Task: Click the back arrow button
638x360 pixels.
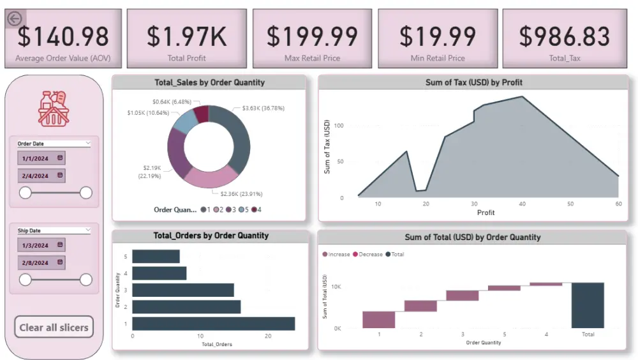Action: pyautogui.click(x=15, y=19)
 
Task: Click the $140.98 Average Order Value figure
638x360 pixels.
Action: pyautogui.click(x=63, y=36)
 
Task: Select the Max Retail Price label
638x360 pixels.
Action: pyautogui.click(x=312, y=58)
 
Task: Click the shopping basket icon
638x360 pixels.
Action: pyautogui.click(x=54, y=108)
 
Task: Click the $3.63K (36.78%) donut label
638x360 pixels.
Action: pyautogui.click(x=263, y=109)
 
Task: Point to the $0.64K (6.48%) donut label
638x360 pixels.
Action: pyautogui.click(x=172, y=102)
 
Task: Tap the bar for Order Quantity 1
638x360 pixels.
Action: pyautogui.click(x=213, y=324)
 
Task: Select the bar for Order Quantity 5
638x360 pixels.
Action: pyautogui.click(x=156, y=257)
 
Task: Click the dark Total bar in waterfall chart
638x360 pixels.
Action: pyautogui.click(x=588, y=305)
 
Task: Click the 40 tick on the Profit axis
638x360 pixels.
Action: pyautogui.click(x=522, y=204)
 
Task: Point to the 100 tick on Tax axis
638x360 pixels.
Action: pyautogui.click(x=338, y=126)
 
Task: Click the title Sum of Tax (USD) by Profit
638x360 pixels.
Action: pyautogui.click(x=473, y=82)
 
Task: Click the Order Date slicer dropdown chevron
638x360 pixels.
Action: pyautogui.click(x=87, y=144)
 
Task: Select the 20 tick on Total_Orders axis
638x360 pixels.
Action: pyautogui.click(x=268, y=336)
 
